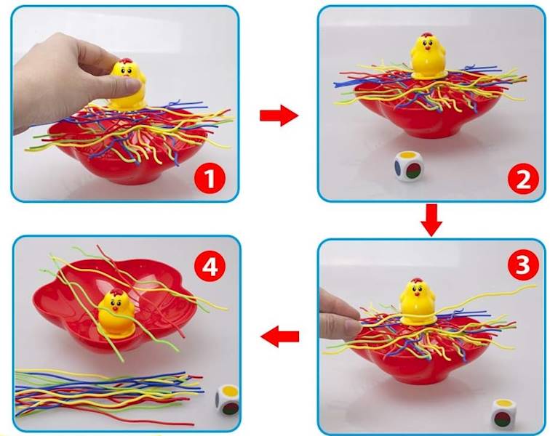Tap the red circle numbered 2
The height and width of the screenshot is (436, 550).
(522, 179)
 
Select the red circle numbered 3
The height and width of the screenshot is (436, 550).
(522, 265)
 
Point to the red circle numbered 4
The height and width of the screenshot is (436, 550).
(210, 267)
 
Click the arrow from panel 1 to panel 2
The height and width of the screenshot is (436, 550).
(279, 116)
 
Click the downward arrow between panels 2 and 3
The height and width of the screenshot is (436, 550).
(431, 220)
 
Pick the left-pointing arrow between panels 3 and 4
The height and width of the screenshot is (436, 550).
(279, 336)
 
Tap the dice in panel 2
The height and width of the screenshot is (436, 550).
(409, 166)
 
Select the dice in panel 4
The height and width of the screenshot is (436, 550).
(227, 400)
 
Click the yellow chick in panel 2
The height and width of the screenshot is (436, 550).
(428, 55)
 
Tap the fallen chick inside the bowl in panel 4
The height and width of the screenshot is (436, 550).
(116, 313)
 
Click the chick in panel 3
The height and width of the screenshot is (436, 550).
(418, 301)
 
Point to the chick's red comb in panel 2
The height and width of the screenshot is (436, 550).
(427, 35)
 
